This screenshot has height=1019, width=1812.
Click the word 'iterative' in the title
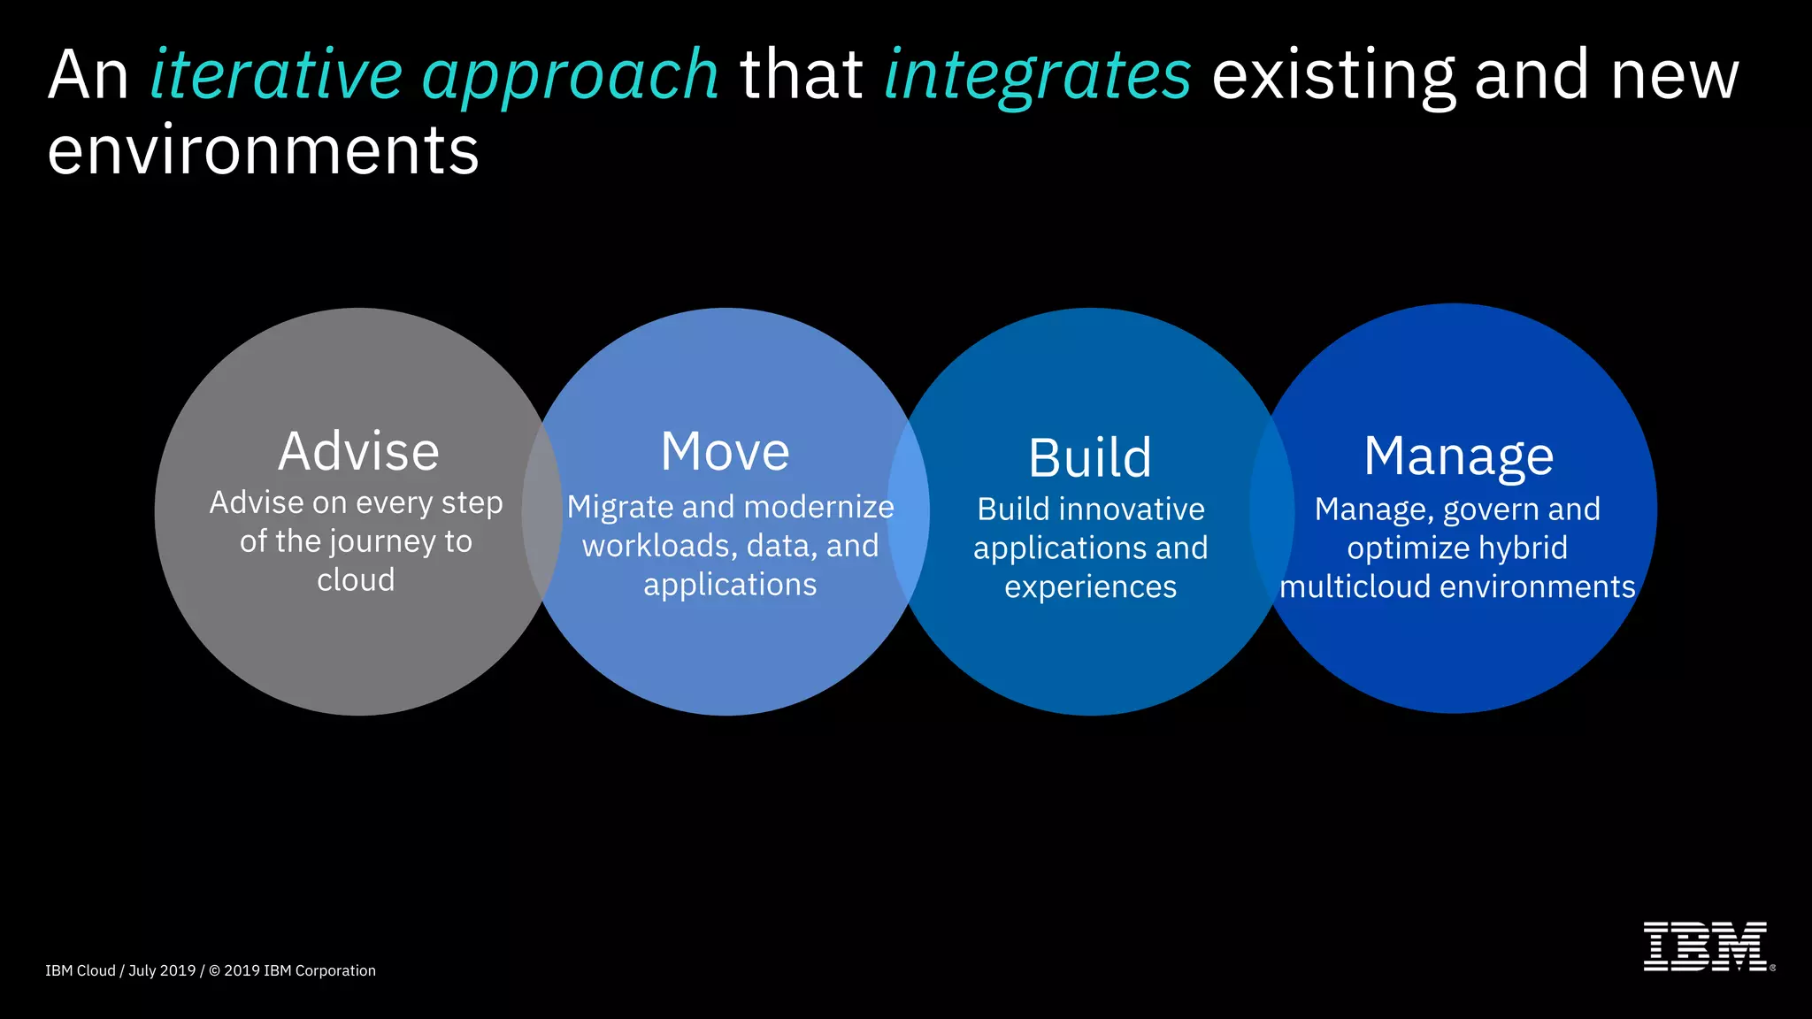tap(276, 75)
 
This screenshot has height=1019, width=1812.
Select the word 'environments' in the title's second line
tap(263, 150)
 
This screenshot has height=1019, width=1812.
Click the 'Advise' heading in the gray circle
tap(358, 451)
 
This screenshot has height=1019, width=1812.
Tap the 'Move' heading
tap(725, 451)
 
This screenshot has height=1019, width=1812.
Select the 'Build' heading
tap(1090, 458)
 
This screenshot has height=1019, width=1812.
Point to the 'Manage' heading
tap(1458, 456)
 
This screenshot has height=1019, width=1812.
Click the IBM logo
tap(1706, 946)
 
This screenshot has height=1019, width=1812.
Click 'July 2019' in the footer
tap(162, 970)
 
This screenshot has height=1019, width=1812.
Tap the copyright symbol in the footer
tap(214, 970)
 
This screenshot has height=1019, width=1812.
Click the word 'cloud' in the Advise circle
tap(356, 580)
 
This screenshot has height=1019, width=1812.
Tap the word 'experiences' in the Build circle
tap(1090, 587)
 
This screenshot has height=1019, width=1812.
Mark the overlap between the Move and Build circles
tap(909, 511)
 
